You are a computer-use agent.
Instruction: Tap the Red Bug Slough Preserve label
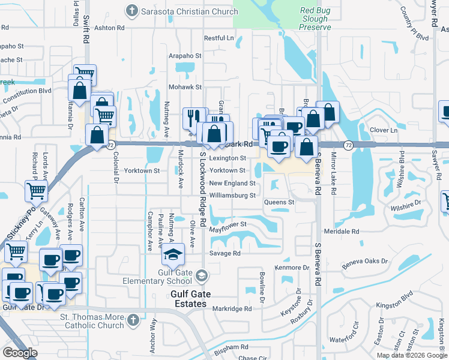(x=315, y=19)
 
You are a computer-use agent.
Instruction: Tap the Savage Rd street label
(x=224, y=253)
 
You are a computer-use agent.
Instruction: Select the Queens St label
(x=279, y=202)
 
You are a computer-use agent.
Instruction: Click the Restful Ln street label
(x=218, y=38)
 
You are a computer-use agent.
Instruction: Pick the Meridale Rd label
(x=341, y=231)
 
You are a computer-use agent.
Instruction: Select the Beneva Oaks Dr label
(x=365, y=262)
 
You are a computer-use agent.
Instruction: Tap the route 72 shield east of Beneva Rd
(x=349, y=145)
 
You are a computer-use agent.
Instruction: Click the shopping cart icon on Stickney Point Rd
(x=36, y=191)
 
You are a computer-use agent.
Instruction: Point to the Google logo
(x=20, y=353)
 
